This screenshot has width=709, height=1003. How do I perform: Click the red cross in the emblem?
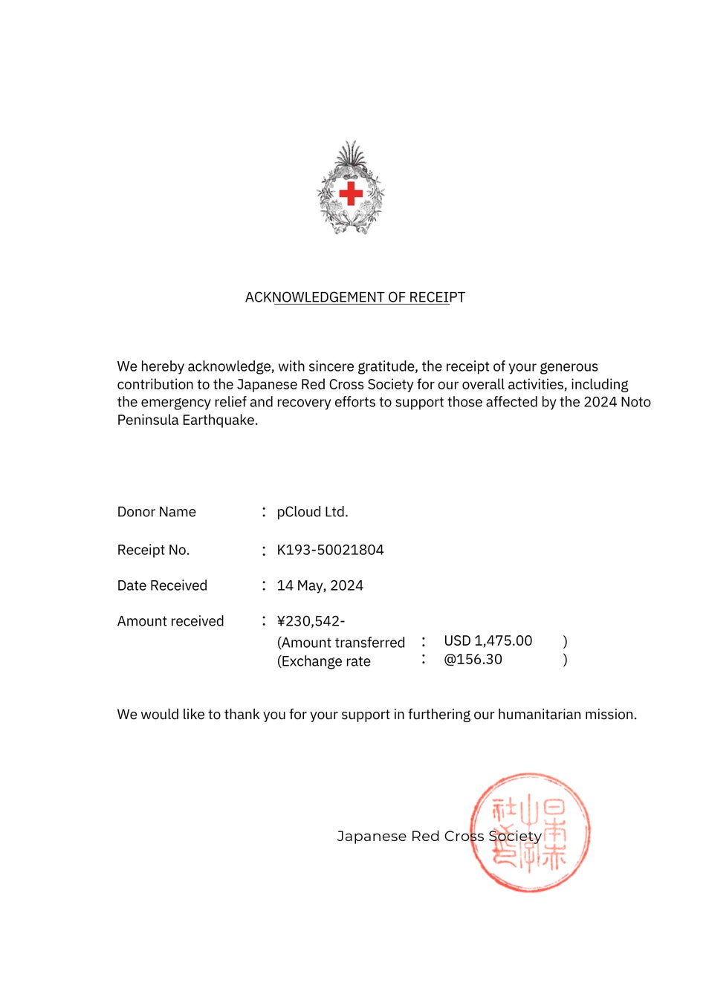point(351,194)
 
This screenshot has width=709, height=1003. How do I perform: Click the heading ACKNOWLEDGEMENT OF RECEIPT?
point(355,297)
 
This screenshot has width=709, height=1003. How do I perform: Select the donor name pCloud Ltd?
point(312,512)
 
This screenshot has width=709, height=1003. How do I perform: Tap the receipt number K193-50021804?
point(330,550)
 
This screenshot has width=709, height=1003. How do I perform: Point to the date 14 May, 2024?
point(320,585)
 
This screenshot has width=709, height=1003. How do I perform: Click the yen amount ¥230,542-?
point(311,621)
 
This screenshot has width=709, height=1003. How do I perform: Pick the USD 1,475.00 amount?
point(488,640)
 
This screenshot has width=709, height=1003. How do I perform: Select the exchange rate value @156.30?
point(473,659)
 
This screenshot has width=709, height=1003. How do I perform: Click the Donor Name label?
point(156,512)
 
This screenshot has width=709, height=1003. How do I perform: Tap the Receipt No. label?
point(153,550)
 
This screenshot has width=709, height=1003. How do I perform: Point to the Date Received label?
point(162,585)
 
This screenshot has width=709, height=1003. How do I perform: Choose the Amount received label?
point(170,621)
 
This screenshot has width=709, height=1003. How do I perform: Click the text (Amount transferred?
point(341,643)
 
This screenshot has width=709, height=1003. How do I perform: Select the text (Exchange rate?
point(324,661)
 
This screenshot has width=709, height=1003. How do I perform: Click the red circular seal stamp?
point(530,832)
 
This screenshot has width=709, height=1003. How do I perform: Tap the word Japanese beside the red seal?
point(371,837)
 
